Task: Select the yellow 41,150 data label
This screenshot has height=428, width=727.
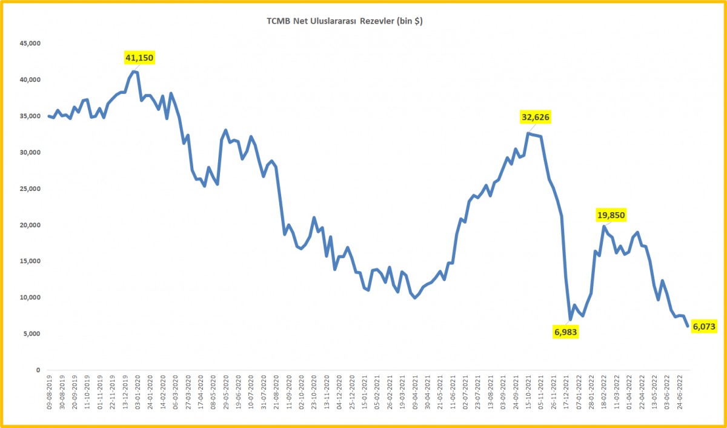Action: [139, 58]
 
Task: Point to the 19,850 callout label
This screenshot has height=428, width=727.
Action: [610, 215]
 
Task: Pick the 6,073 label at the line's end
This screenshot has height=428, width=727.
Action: [705, 326]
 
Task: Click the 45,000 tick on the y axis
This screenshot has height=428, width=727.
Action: [29, 44]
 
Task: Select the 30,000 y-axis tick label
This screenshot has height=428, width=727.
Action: [29, 153]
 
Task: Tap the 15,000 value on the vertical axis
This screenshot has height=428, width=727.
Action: [29, 261]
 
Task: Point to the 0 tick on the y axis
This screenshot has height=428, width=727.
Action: [38, 370]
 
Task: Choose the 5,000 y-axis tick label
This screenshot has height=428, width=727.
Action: [31, 334]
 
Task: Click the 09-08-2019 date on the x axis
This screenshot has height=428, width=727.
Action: [49, 394]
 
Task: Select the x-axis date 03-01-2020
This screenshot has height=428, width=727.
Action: [138, 394]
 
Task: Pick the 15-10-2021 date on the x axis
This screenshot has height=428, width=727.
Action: [529, 394]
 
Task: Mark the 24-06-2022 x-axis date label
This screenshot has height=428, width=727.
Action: [681, 394]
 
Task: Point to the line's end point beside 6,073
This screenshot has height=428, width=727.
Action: [687, 326]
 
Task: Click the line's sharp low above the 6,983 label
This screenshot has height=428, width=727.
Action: [570, 319]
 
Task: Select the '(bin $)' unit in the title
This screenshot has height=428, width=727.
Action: [410, 21]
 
